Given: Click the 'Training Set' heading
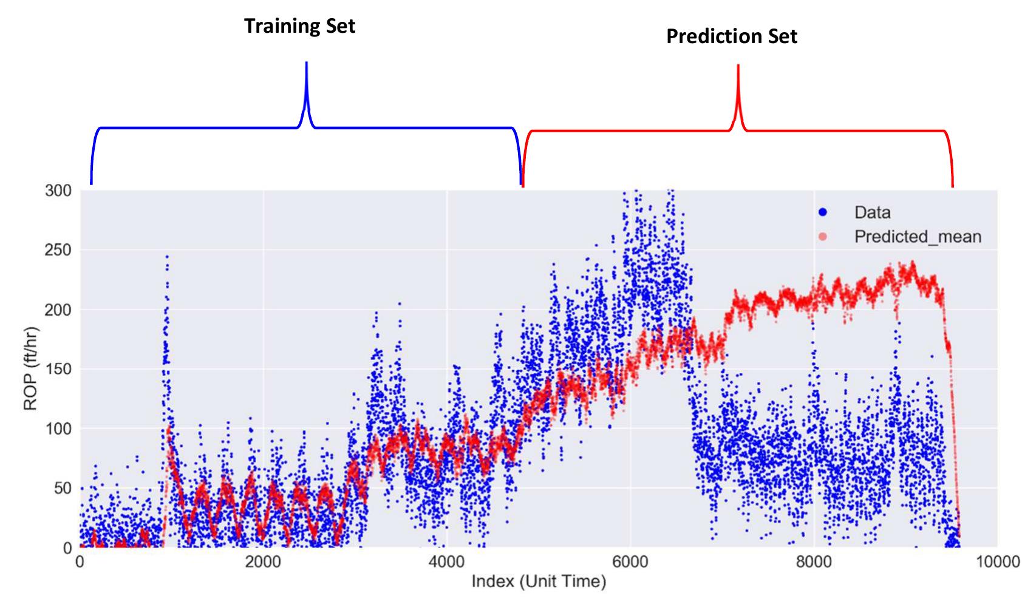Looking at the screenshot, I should (299, 26).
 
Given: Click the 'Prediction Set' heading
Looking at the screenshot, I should (731, 36).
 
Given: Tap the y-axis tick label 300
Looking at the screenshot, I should (58, 191).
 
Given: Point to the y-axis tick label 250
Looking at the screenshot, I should (58, 250).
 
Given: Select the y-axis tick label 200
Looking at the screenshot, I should (58, 310).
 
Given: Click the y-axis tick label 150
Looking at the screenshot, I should (58, 369).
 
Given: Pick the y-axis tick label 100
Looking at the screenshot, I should (58, 429).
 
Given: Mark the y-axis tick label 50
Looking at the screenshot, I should (63, 488).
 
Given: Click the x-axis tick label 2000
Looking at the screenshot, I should (263, 563).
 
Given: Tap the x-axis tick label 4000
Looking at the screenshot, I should (446, 563).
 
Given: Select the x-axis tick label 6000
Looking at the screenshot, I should (630, 563).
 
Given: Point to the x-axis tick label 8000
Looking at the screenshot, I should (814, 563).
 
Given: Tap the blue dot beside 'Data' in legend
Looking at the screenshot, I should (823, 212).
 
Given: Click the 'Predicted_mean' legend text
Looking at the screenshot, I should (917, 236).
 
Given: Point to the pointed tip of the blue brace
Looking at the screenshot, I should (306, 63).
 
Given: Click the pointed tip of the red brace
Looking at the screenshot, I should (738, 66).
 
